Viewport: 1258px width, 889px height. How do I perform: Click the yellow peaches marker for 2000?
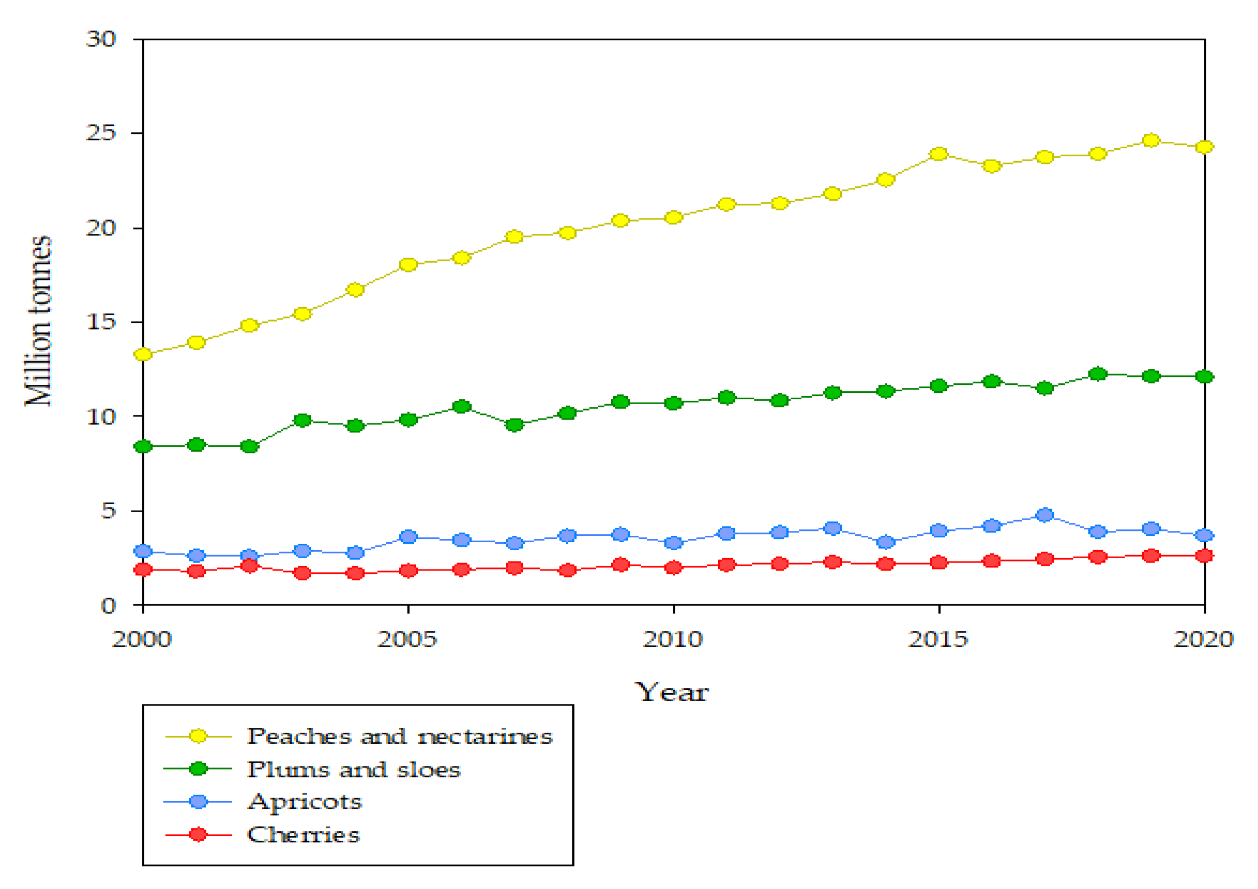143,354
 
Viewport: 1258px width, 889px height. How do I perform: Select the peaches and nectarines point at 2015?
939,154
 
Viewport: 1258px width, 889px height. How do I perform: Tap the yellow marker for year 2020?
1204,147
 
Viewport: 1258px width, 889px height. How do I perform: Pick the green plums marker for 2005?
408,420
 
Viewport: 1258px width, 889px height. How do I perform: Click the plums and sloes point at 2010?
673,403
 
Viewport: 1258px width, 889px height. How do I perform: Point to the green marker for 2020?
1204,376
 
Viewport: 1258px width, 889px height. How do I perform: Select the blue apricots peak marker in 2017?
1045,514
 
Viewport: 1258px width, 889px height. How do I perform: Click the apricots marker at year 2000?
143,551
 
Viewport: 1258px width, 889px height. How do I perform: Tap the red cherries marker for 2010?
673,567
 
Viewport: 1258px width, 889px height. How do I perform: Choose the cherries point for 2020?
1204,556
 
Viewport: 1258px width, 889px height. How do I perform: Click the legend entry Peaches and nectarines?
399,736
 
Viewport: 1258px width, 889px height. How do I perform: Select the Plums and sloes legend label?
353,770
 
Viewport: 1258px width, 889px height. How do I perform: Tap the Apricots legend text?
305,802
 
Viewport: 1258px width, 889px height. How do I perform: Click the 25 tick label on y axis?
101,133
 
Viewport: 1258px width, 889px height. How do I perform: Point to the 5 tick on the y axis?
109,511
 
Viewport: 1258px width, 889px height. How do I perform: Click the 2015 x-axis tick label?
938,639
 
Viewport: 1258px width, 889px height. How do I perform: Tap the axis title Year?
672,693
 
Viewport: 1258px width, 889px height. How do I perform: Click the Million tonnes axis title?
39,321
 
